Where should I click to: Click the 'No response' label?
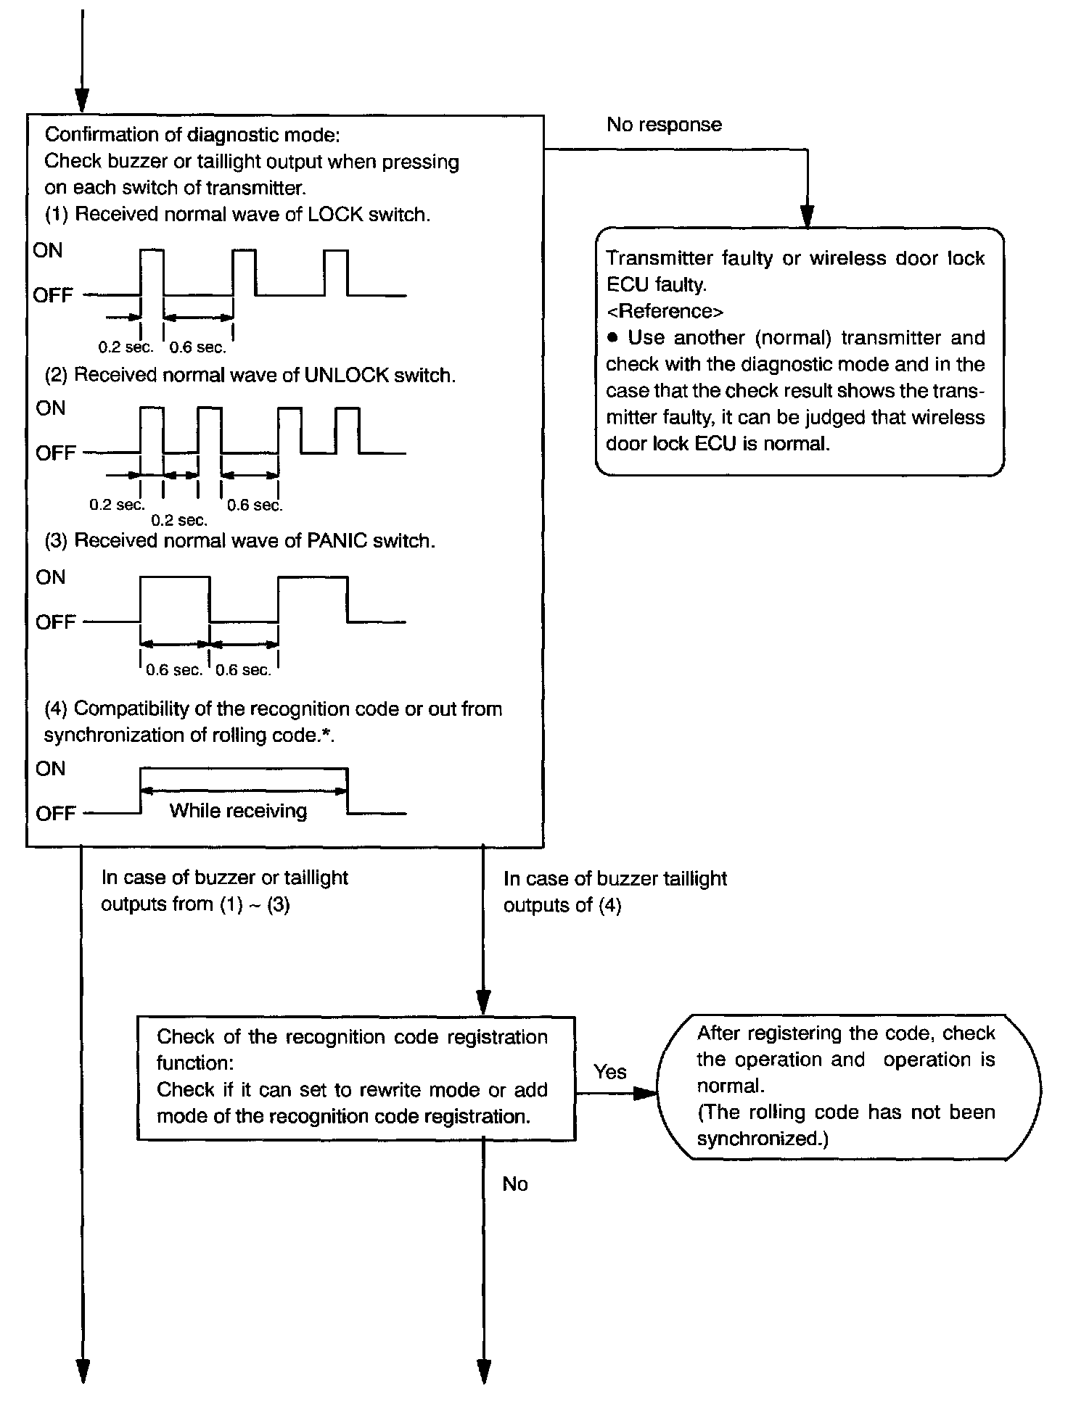pyautogui.click(x=664, y=125)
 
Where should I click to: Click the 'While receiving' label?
pyautogui.click(x=238, y=810)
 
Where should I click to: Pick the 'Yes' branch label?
pyautogui.click(x=609, y=1071)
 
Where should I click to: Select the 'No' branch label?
pyautogui.click(x=514, y=1184)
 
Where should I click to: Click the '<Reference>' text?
pyautogui.click(x=664, y=311)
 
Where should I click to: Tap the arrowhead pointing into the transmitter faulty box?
pyautogui.click(x=807, y=218)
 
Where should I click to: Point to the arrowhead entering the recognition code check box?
pyautogui.click(x=482, y=1004)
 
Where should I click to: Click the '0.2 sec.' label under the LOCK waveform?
pyautogui.click(x=126, y=347)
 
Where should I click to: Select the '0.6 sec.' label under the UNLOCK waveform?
pyautogui.click(x=254, y=505)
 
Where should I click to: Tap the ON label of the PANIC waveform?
pyautogui.click(x=50, y=577)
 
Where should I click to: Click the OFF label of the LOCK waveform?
pyautogui.click(x=53, y=295)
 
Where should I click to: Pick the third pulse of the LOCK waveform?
pyautogui.click(x=336, y=272)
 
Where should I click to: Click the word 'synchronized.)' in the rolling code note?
pyautogui.click(x=762, y=1139)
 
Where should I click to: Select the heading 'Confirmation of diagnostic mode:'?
pyautogui.click(x=192, y=135)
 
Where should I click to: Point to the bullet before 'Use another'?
pyautogui.click(x=613, y=338)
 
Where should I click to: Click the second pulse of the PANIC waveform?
pyautogui.click(x=313, y=599)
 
